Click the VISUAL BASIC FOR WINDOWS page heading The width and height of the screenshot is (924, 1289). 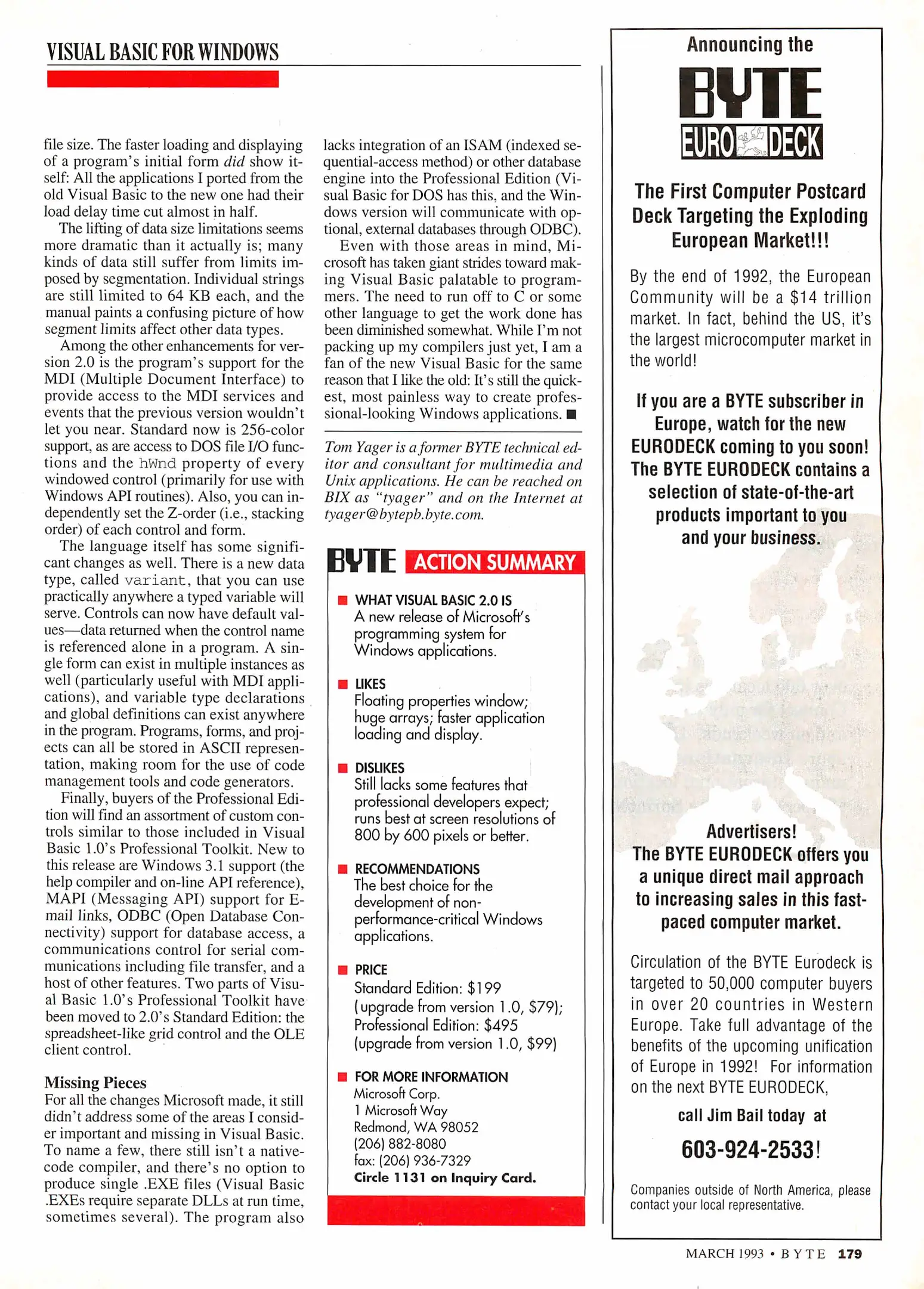point(162,53)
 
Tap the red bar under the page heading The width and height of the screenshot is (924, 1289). point(162,79)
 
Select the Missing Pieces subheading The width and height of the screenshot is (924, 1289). point(95,1083)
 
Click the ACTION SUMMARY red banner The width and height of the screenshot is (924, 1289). point(495,562)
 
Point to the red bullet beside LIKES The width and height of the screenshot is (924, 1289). point(342,684)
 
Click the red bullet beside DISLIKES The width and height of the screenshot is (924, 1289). point(342,768)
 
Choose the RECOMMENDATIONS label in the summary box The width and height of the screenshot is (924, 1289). point(417,869)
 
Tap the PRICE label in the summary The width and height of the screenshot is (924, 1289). point(371,970)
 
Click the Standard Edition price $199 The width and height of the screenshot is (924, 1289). point(484,988)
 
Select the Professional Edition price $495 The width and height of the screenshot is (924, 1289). point(501,1025)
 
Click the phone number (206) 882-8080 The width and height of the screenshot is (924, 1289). point(400,1143)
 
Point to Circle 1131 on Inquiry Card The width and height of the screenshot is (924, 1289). point(444,1177)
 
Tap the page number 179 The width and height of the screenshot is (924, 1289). point(849,1254)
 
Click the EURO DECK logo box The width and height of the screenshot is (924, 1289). point(752,142)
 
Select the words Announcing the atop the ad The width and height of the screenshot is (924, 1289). point(750,45)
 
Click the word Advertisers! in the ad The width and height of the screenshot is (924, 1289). point(751,831)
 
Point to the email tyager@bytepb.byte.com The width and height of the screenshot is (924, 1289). point(404,514)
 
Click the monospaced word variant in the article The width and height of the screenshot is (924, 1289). point(155,581)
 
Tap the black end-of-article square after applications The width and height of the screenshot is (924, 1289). point(571,414)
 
